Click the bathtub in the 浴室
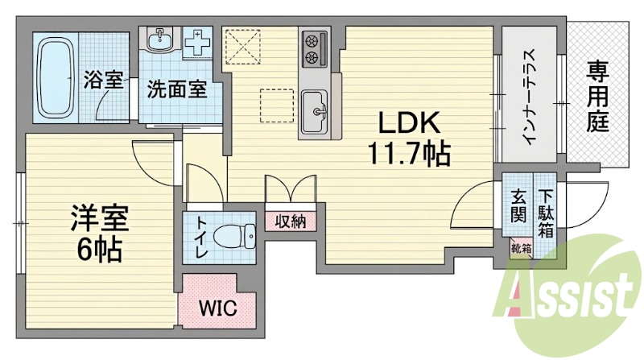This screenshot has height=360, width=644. coord(55,77)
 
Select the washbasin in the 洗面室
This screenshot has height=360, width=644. coord(160,39)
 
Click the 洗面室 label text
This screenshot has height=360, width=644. coord(177,89)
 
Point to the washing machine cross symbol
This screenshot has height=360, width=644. coord(197,43)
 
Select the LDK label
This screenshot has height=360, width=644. coord(409,122)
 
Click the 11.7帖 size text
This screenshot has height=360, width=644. coord(410,153)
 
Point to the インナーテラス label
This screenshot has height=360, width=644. coord(530,97)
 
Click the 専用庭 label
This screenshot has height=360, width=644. coord(597,97)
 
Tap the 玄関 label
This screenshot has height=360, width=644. coord(518,207)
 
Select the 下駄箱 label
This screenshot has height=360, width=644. coord(546,213)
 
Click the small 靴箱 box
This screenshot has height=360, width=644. coord(522,249)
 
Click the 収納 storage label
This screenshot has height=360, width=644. coord(291,222)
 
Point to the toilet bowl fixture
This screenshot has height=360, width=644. coord(235,237)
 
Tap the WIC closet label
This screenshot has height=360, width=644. coord(217,308)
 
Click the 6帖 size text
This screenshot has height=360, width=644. coord(99,250)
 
